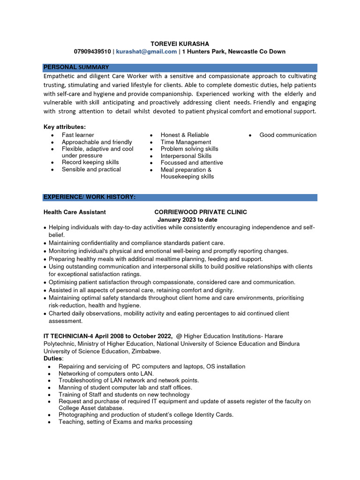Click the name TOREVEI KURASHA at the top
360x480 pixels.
180,44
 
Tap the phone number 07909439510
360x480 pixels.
92,52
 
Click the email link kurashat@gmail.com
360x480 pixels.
146,52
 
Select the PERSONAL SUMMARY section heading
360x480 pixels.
76,67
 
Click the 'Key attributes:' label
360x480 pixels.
65,127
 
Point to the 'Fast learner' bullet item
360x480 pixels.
78,135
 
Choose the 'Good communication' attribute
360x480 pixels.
288,135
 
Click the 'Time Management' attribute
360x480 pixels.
186,142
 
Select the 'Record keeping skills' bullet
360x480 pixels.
90,162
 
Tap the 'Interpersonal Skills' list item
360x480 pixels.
186,156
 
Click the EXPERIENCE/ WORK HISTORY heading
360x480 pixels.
90,197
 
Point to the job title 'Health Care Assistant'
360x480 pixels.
75,212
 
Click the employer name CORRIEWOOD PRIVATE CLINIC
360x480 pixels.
201,212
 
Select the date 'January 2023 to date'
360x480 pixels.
187,220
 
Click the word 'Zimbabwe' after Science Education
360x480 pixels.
147,351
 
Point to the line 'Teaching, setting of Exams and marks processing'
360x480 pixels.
125,422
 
